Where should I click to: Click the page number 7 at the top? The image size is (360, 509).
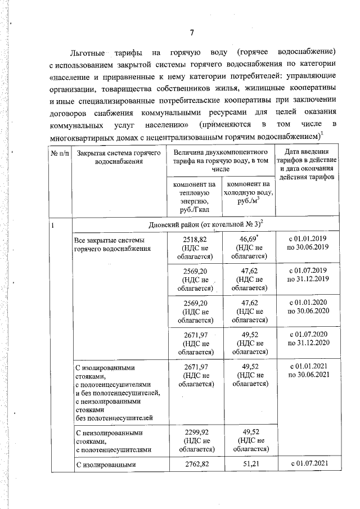point(191,31)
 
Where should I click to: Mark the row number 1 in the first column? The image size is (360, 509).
point(53,226)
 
